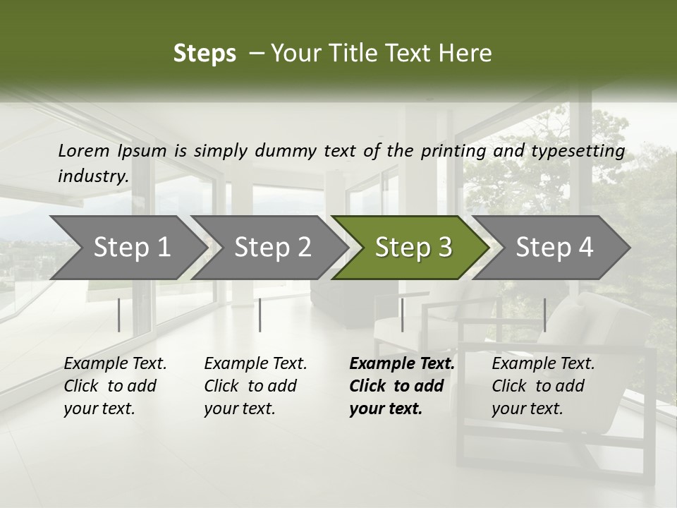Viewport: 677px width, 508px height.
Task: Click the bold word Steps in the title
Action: pyautogui.click(x=205, y=54)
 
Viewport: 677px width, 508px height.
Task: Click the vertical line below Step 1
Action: pyautogui.click(x=119, y=315)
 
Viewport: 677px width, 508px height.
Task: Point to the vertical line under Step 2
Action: pyautogui.click(x=260, y=315)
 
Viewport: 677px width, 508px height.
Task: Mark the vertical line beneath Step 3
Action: pyautogui.click(x=402, y=315)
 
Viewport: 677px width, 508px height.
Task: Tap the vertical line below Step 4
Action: pyautogui.click(x=544, y=315)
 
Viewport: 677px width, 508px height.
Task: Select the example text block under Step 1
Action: pyautogui.click(x=115, y=386)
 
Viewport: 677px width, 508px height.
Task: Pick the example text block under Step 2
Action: pyautogui.click(x=255, y=386)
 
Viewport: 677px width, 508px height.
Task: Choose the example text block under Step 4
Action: pyautogui.click(x=543, y=386)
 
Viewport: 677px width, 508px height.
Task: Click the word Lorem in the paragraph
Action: pyautogui.click(x=84, y=151)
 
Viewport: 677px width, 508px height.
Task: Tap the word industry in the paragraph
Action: pyautogui.click(x=92, y=176)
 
